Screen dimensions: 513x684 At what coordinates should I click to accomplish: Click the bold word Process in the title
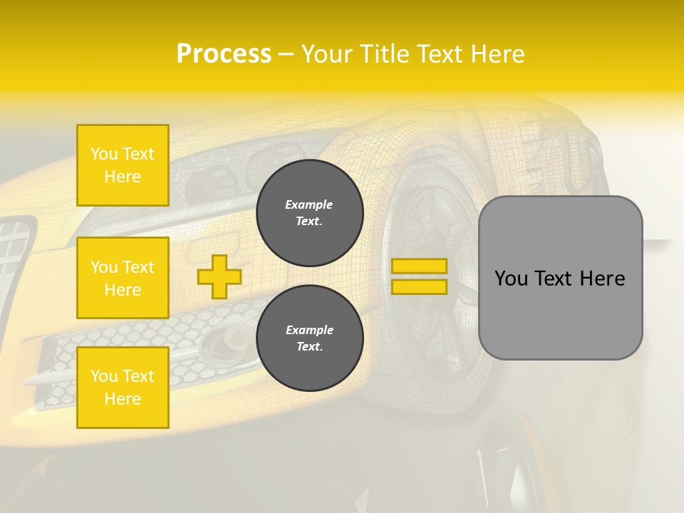(224, 54)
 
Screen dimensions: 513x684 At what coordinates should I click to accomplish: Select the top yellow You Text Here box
(123, 165)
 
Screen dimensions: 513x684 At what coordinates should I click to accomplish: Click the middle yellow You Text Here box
(123, 278)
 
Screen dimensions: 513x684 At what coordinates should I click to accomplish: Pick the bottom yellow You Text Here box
(123, 388)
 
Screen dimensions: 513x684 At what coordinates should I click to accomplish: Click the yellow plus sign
(219, 276)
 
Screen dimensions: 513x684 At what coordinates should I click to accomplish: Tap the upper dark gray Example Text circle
(309, 213)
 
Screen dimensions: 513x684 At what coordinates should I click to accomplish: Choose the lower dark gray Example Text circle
(309, 338)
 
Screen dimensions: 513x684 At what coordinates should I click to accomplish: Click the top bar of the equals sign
(419, 266)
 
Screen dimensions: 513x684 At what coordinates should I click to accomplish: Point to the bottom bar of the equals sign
(419, 287)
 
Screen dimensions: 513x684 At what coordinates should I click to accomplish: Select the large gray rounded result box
(560, 278)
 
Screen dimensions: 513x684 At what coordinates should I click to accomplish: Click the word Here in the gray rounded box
(602, 279)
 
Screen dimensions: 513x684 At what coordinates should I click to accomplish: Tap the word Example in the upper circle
(309, 204)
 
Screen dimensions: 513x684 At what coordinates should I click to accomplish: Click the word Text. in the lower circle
(309, 347)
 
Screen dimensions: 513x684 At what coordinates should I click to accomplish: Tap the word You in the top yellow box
(104, 154)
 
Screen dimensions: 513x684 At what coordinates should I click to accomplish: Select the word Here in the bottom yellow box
(123, 399)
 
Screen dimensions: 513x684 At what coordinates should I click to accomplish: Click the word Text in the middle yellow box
(138, 267)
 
